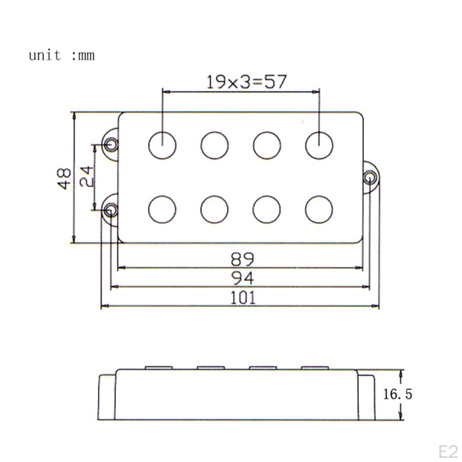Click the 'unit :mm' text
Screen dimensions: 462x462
pyautogui.click(x=62, y=55)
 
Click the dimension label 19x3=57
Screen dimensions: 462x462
pyautogui.click(x=246, y=82)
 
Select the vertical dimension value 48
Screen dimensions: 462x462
pyautogui.click(x=65, y=178)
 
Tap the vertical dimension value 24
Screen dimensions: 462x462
pyautogui.click(x=86, y=176)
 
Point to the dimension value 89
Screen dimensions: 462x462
pyautogui.click(x=243, y=259)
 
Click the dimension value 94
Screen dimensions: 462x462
pyautogui.click(x=243, y=278)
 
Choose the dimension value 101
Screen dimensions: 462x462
pyautogui.click(x=243, y=298)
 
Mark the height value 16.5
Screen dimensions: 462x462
pyautogui.click(x=397, y=394)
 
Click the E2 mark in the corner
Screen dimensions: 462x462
pyautogui.click(x=448, y=451)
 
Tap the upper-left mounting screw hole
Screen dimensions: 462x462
pyautogui.click(x=111, y=144)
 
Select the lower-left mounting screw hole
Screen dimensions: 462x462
pyautogui.click(x=111, y=210)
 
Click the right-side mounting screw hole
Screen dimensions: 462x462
pyautogui.click(x=370, y=177)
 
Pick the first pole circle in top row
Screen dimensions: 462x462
pyautogui.click(x=162, y=145)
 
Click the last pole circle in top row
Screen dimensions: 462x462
pyautogui.click(x=319, y=145)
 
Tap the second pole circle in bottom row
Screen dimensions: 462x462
pyautogui.click(x=214, y=210)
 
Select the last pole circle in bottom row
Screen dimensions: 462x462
pyautogui.click(x=319, y=210)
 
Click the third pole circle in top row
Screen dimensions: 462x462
pyautogui.click(x=267, y=145)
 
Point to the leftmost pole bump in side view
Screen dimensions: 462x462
pyautogui.click(x=159, y=367)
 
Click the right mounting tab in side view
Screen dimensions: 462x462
pyautogui.click(x=366, y=396)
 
